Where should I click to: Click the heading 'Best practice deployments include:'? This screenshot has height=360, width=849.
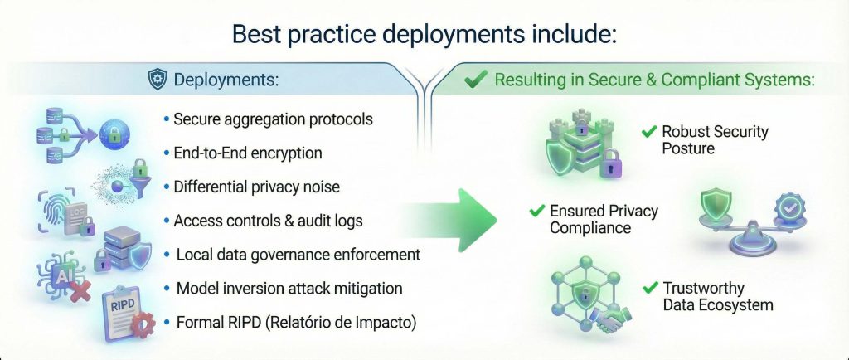[x=424, y=34]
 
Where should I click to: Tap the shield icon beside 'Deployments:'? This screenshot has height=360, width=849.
[x=157, y=80]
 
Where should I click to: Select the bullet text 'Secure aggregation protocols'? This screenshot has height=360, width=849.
[x=273, y=119]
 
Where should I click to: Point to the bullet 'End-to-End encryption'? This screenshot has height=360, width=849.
[x=247, y=153]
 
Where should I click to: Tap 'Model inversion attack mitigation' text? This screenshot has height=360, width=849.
[x=289, y=288]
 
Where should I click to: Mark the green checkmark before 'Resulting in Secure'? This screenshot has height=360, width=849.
[x=475, y=80]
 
